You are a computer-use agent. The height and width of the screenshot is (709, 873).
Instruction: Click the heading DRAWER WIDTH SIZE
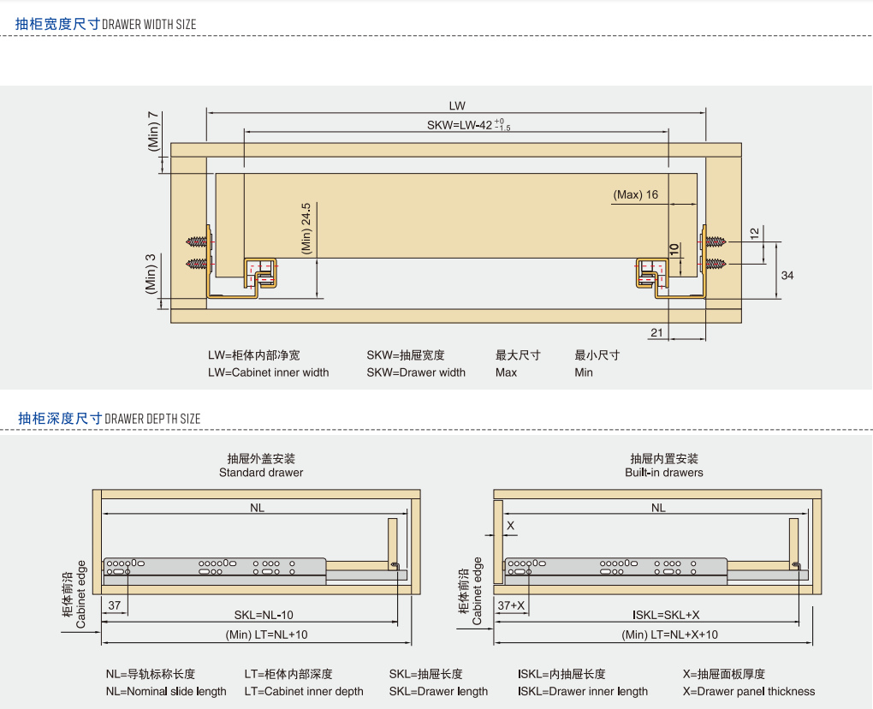point(149,25)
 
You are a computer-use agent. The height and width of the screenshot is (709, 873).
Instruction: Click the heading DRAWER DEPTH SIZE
point(152,419)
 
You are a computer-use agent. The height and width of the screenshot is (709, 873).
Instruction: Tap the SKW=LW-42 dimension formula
point(468,125)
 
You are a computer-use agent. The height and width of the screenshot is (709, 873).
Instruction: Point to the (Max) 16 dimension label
point(635,194)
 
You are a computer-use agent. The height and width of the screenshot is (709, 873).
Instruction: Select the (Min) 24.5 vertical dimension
point(306,228)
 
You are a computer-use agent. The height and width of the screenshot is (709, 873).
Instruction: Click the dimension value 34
point(787,275)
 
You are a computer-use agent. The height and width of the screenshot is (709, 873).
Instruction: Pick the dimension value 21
point(656,332)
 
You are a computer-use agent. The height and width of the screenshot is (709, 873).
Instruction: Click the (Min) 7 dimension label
point(153,131)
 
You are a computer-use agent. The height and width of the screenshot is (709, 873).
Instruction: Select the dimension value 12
point(754,233)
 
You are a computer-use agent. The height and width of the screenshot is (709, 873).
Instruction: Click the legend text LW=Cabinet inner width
point(268,372)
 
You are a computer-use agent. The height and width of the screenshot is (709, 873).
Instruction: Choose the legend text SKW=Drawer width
point(416,372)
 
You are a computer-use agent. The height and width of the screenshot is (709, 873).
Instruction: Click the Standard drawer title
point(261,473)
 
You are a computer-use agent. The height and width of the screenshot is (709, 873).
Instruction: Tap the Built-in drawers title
point(664,473)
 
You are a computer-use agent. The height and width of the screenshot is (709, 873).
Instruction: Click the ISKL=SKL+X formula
point(666,615)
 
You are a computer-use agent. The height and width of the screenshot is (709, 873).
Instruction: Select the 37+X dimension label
point(512,605)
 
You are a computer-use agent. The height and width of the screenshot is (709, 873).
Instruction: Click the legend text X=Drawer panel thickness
point(749,692)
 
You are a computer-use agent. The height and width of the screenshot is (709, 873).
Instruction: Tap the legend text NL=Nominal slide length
point(166,692)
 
